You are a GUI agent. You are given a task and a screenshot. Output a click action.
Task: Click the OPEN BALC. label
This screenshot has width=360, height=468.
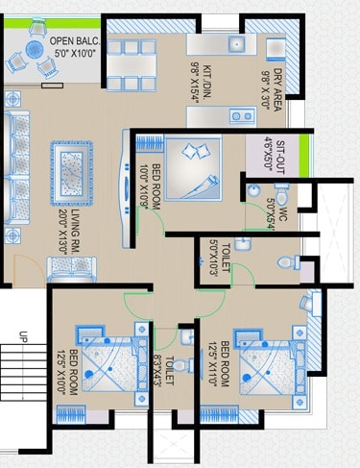click(72, 42)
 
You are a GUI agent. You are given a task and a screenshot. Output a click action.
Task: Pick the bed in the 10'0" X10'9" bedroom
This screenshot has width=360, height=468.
click(193, 168)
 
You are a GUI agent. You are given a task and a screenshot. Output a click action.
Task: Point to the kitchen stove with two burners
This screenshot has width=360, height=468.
click(241, 115)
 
